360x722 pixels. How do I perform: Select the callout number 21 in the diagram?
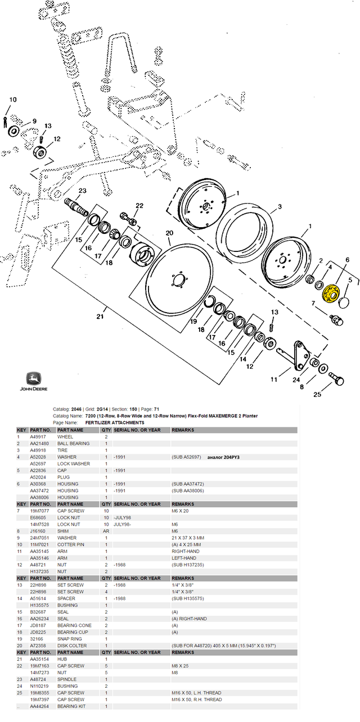click(100, 317)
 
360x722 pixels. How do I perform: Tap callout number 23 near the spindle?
click(82, 192)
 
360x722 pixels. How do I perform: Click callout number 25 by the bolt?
click(317, 394)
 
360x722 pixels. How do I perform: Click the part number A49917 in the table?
click(39, 437)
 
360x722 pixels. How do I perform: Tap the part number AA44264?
click(40, 706)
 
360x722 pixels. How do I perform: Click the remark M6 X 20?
click(182, 511)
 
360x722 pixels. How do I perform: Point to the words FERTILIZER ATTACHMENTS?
click(115, 422)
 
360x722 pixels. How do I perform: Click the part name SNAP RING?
click(69, 639)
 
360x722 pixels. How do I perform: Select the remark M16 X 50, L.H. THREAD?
click(196, 693)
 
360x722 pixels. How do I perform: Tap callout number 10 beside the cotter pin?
click(13, 100)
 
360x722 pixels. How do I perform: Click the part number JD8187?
click(38, 625)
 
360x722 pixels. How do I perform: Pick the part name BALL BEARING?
click(73, 444)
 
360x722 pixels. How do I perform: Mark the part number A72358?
click(39, 646)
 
